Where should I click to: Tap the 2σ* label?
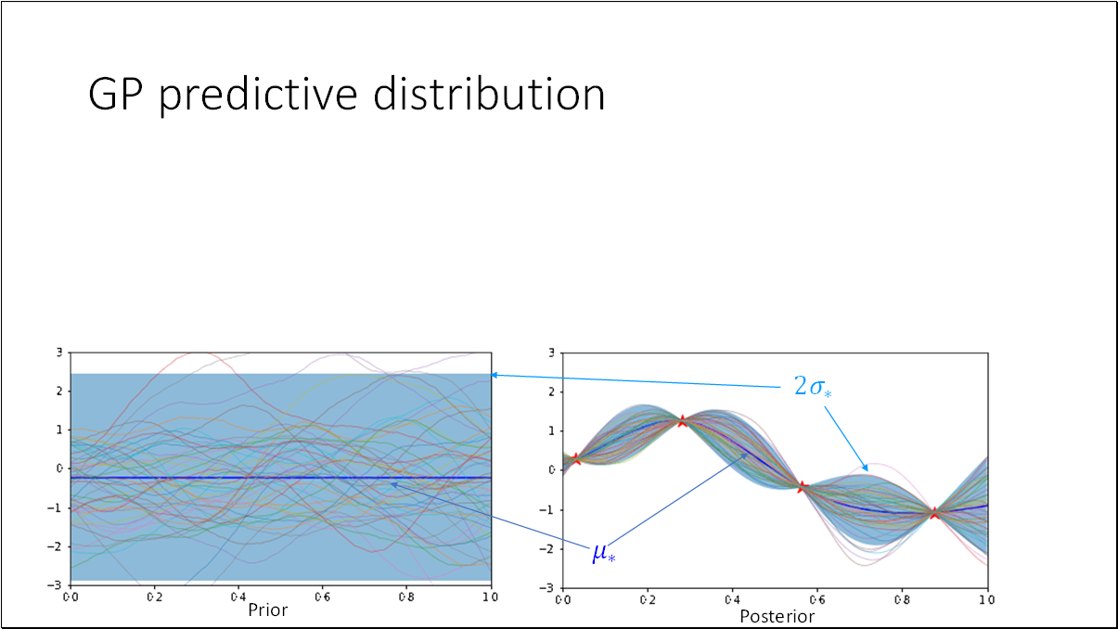click(x=813, y=387)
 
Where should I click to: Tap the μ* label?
click(x=603, y=554)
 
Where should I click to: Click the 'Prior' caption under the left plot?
click(x=267, y=610)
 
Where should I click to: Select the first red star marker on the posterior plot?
click(x=576, y=459)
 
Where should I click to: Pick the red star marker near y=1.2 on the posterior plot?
click(x=682, y=421)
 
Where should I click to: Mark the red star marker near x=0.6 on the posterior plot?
click(x=803, y=486)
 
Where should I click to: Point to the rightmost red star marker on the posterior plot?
click(x=934, y=513)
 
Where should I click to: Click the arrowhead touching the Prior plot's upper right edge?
click(x=495, y=375)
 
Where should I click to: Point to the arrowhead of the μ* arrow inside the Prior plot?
click(x=392, y=483)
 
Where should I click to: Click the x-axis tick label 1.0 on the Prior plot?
click(x=490, y=597)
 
